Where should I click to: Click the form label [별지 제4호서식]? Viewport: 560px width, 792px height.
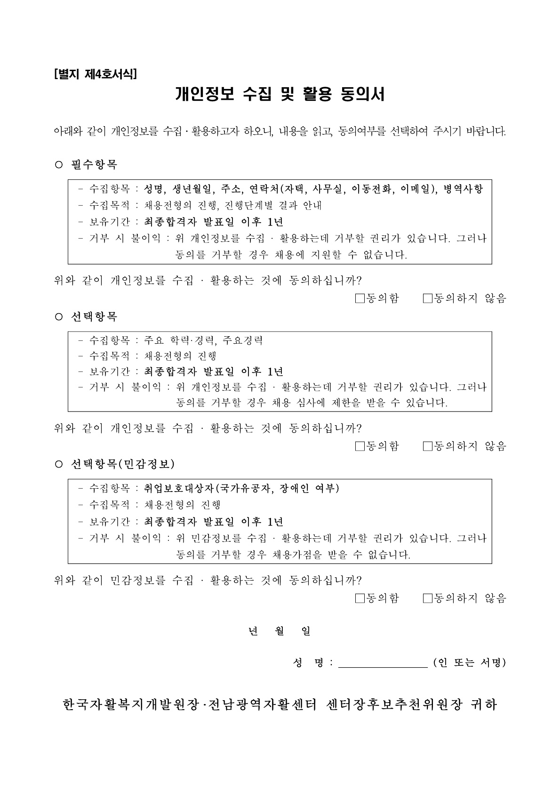[96, 74]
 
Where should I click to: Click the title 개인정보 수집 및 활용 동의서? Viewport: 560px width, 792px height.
[280, 94]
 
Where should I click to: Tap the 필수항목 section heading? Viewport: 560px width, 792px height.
[94, 165]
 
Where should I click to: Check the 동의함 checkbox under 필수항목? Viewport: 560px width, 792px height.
[360, 299]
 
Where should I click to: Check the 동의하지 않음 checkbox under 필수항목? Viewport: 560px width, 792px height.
[428, 299]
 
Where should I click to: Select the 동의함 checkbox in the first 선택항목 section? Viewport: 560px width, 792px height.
[360, 446]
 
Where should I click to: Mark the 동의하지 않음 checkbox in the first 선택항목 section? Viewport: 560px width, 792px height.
[428, 446]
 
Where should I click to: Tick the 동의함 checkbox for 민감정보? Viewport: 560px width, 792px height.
[360, 598]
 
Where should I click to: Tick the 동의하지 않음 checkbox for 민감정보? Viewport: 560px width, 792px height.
[428, 598]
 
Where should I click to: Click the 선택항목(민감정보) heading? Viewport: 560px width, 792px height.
[123, 464]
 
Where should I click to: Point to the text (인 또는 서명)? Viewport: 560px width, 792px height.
[469, 663]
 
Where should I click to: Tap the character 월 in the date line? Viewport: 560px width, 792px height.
[280, 631]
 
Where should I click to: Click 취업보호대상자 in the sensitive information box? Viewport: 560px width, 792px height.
[179, 488]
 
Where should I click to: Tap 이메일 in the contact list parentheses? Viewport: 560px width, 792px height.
[414, 189]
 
